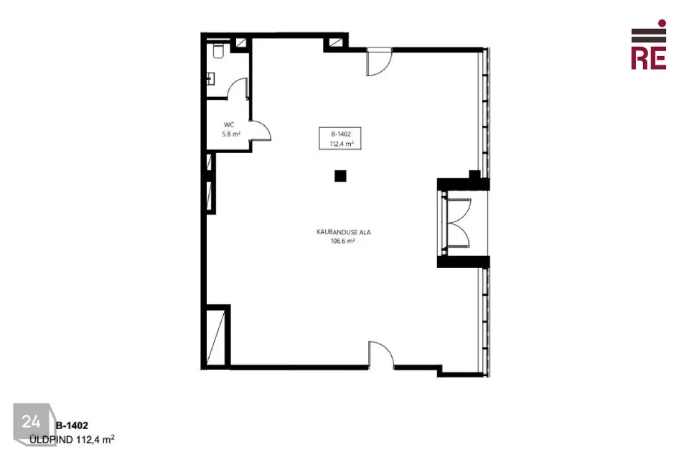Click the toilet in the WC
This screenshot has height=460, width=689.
pos(218,50)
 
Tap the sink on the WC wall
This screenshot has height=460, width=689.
pos(211,79)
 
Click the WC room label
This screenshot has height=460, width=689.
pos(229,124)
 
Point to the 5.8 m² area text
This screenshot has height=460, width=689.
pos(231,134)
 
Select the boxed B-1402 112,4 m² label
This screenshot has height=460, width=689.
pos(340,138)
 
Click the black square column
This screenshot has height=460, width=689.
pos(340,176)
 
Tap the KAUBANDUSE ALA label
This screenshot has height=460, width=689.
pos(344,232)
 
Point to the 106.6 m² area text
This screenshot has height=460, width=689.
pos(343,241)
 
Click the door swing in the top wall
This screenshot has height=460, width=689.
pos(379,62)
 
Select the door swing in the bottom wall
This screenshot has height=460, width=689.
pos(381,354)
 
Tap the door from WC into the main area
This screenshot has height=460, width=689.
pos(260,131)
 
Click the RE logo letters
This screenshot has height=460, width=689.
pos(649,57)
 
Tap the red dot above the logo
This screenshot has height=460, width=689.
pos(662,23)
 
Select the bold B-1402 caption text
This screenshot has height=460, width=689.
pos(72,425)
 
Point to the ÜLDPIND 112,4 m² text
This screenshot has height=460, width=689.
pos(72,439)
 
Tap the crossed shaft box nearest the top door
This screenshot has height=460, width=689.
pos(336,42)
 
